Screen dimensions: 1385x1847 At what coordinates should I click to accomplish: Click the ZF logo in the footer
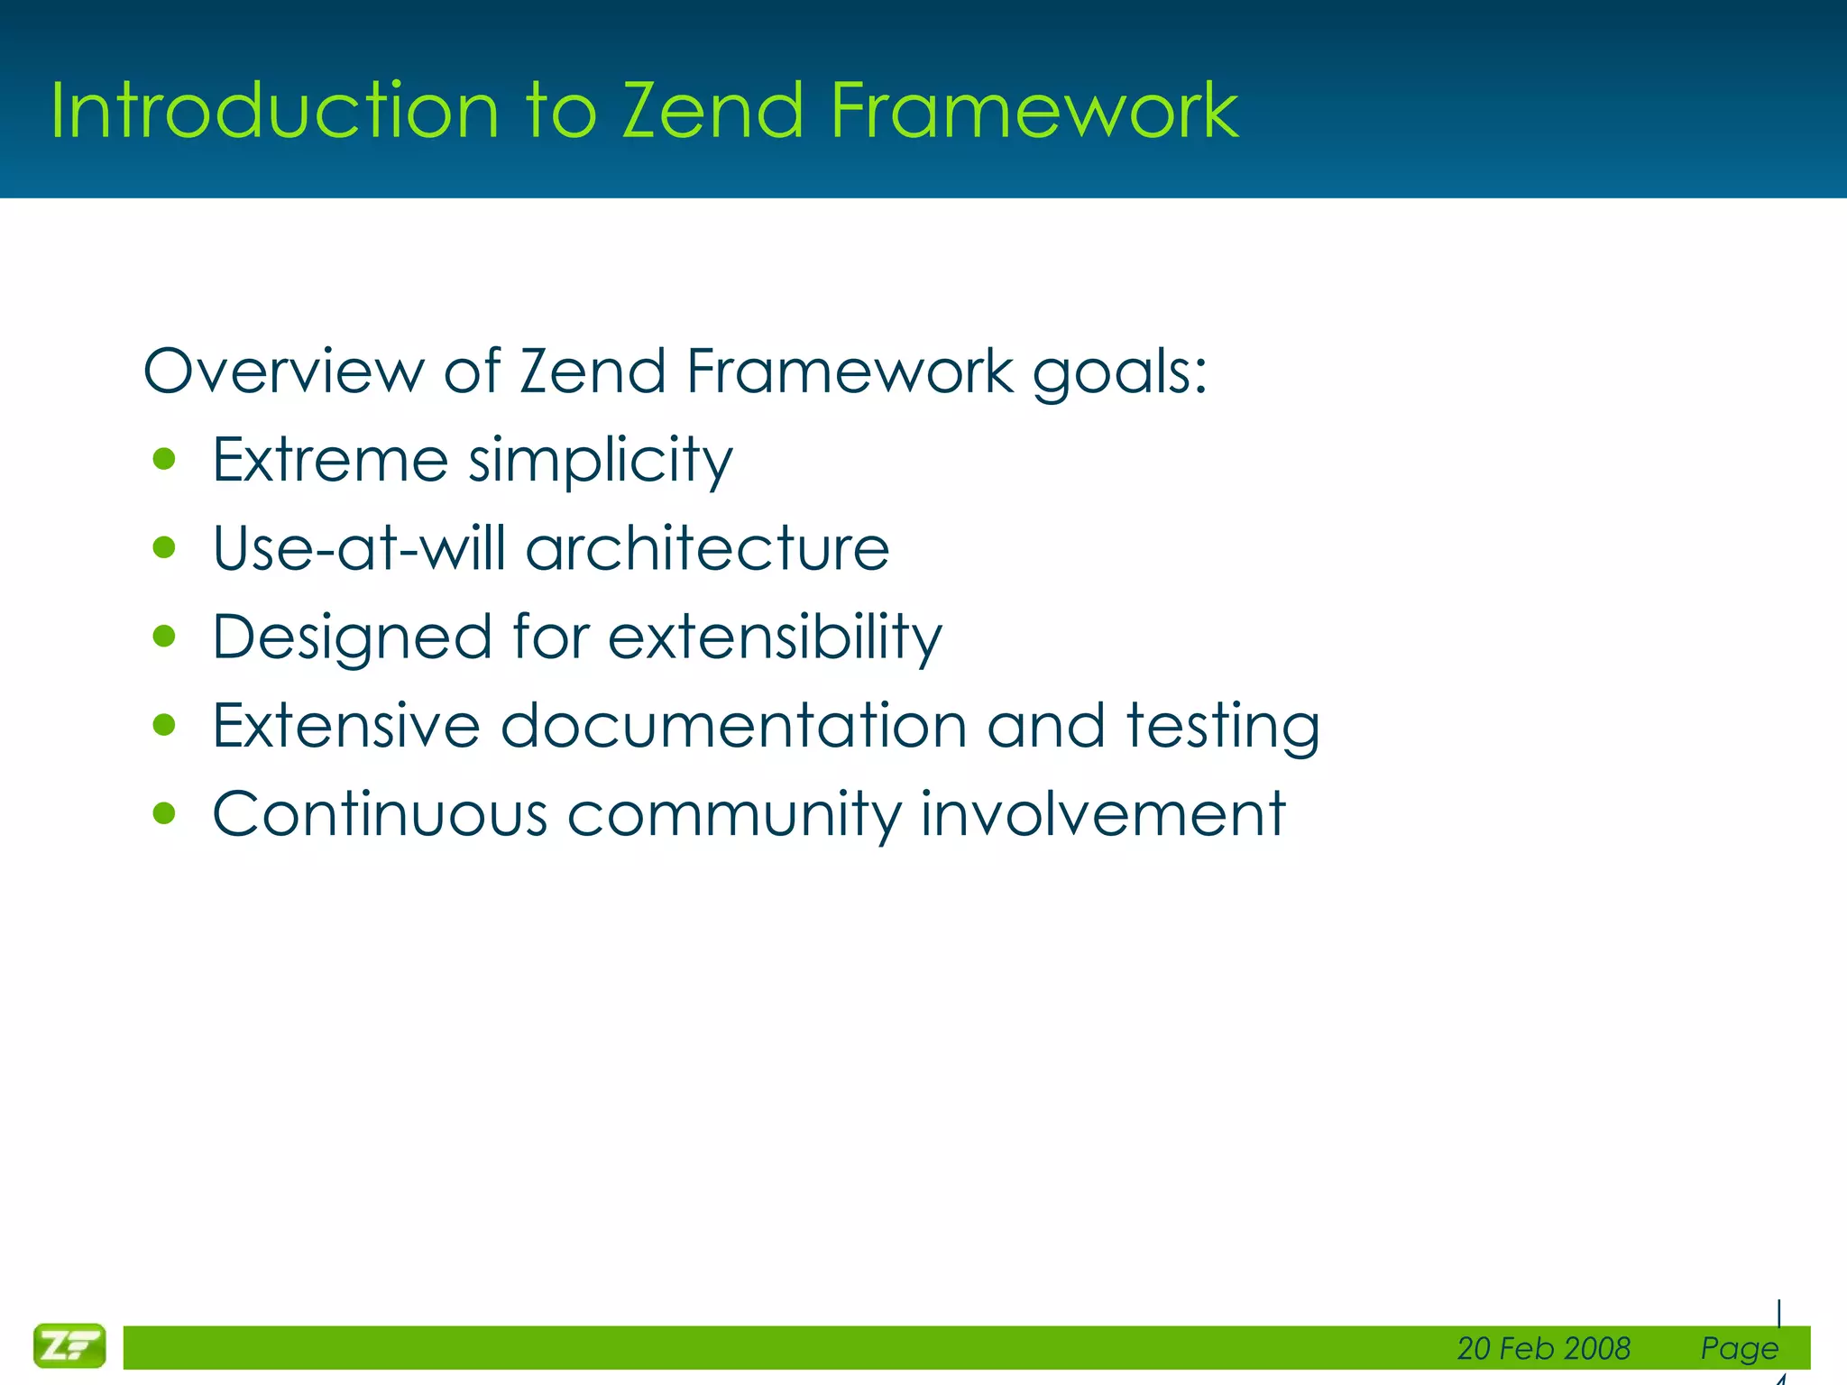pos(69,1345)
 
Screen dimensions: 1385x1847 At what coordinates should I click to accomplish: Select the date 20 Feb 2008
pos(1543,1348)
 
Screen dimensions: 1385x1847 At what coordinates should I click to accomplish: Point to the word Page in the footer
pos(1739,1348)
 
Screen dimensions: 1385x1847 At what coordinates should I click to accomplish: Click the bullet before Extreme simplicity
pos(164,460)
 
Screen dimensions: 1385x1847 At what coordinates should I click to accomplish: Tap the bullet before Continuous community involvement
pos(164,814)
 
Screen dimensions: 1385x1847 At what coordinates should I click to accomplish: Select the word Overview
pos(283,371)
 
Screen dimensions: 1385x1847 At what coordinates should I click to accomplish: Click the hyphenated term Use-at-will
pos(359,548)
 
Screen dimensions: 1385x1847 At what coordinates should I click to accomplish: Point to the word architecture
pos(707,548)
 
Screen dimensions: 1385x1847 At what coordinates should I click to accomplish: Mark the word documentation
pos(733,726)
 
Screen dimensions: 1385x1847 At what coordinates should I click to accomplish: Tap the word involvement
pos(1102,814)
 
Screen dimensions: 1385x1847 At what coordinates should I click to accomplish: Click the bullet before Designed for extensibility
pos(164,637)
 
